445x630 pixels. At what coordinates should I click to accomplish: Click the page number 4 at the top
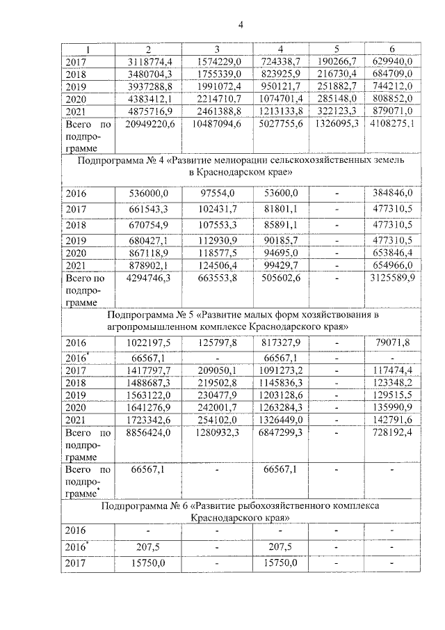[x=241, y=26]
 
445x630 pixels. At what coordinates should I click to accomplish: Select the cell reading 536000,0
[x=147, y=194]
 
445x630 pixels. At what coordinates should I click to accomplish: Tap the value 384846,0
[x=391, y=194]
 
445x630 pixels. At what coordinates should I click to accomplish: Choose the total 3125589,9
[x=391, y=278]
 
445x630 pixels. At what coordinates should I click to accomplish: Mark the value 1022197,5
[x=147, y=342]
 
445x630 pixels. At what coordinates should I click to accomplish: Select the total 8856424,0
[x=146, y=432]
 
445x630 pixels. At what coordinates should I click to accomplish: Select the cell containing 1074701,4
[x=280, y=99]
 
